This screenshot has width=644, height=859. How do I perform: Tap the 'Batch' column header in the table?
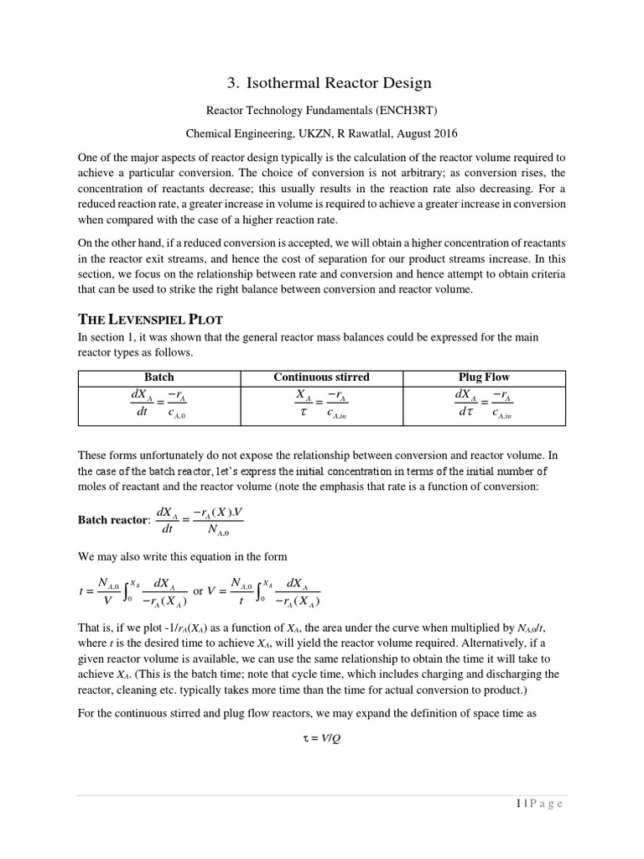pyautogui.click(x=159, y=377)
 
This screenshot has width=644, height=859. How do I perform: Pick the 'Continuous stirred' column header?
pyautogui.click(x=321, y=377)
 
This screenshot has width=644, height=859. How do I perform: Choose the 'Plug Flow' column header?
pyautogui.click(x=484, y=377)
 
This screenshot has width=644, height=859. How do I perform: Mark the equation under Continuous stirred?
pyautogui.click(x=321, y=404)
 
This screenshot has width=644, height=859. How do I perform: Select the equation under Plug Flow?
pyautogui.click(x=484, y=404)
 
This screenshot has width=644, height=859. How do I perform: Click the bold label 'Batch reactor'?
pyautogui.click(x=112, y=520)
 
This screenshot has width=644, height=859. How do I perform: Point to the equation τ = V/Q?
pyautogui.click(x=322, y=747)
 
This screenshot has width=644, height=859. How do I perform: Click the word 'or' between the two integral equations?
pyautogui.click(x=199, y=591)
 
